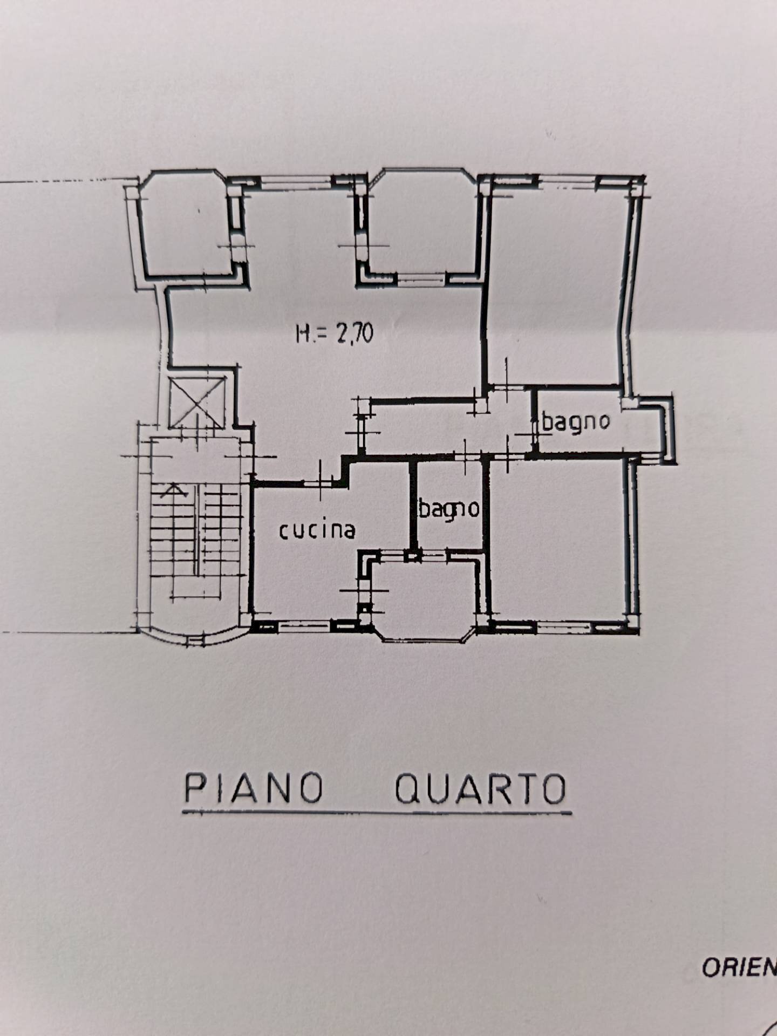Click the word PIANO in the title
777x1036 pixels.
[x=254, y=788]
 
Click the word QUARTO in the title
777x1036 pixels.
[x=480, y=789]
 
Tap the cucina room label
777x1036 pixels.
[x=317, y=531]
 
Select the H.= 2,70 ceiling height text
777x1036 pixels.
[x=335, y=333]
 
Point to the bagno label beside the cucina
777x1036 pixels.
[x=449, y=509]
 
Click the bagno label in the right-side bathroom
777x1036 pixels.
[x=576, y=421]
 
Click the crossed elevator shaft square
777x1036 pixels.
[x=196, y=402]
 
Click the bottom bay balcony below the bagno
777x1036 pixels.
[x=424, y=596]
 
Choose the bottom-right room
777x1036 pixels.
[x=558, y=540]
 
